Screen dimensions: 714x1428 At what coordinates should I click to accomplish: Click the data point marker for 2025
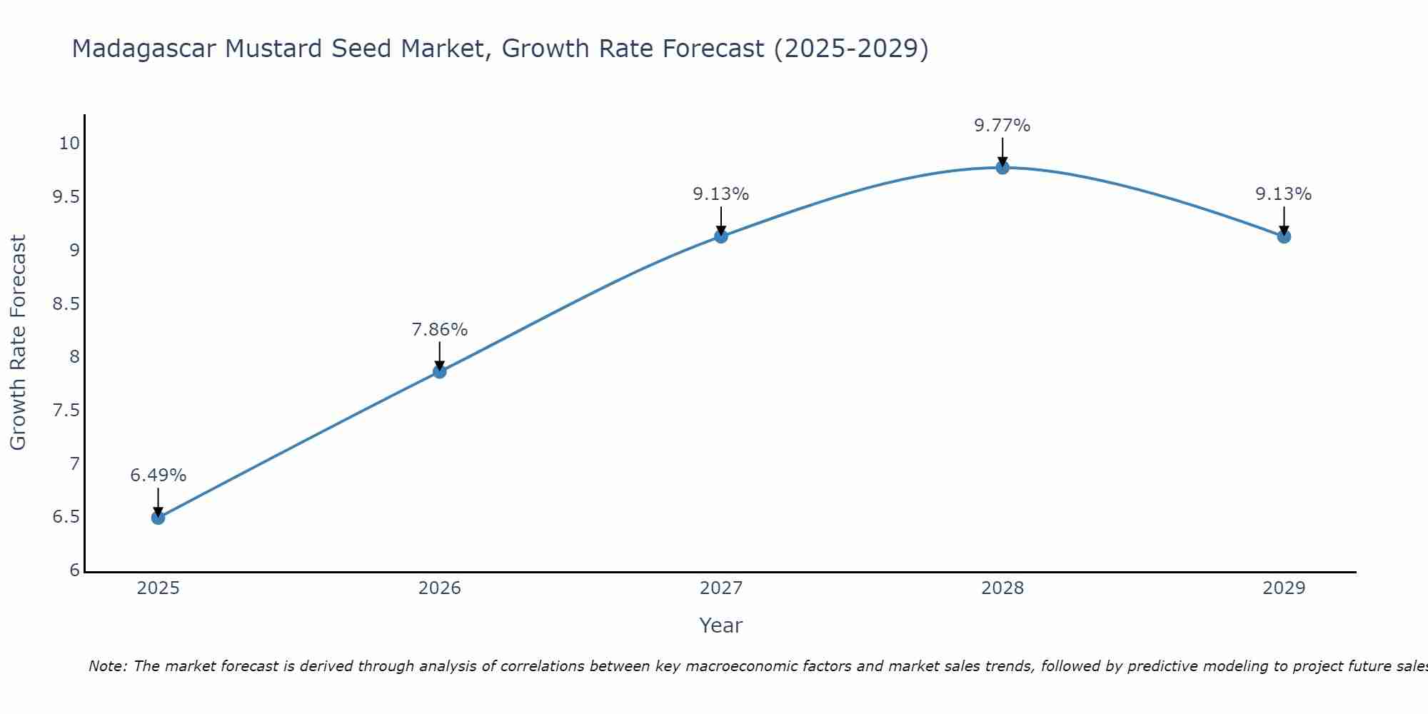pyautogui.click(x=158, y=518)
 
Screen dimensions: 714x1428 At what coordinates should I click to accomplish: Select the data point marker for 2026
pyautogui.click(x=439, y=371)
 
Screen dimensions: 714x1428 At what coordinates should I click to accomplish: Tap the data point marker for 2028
pyautogui.click(x=1002, y=167)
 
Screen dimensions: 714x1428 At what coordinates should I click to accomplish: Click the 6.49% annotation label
pyautogui.click(x=158, y=476)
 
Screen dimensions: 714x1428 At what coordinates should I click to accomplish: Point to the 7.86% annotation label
pyautogui.click(x=439, y=330)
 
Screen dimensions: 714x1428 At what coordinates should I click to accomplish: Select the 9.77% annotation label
pyautogui.click(x=1002, y=126)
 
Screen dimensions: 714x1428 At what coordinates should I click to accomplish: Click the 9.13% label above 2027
pyautogui.click(x=720, y=194)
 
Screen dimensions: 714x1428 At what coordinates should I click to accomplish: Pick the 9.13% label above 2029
pyautogui.click(x=1283, y=194)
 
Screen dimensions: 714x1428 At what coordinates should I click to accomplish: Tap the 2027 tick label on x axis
pyautogui.click(x=720, y=588)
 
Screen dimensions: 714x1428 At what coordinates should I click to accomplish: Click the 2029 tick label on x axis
pyautogui.click(x=1283, y=588)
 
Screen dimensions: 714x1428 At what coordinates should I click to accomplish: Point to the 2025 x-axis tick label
pyautogui.click(x=158, y=588)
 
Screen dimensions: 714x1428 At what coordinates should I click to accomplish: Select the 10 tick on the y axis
pyautogui.click(x=69, y=144)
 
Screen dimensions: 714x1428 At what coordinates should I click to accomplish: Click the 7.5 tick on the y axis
pyautogui.click(x=66, y=411)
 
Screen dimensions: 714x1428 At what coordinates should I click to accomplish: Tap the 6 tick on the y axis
pyautogui.click(x=75, y=570)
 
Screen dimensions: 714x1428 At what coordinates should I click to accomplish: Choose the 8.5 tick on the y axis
pyautogui.click(x=66, y=304)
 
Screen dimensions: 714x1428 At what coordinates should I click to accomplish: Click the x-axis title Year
pyautogui.click(x=720, y=625)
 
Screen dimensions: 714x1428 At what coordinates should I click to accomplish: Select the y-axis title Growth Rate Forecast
pyautogui.click(x=18, y=343)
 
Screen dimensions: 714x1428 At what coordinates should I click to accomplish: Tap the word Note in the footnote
pyautogui.click(x=107, y=666)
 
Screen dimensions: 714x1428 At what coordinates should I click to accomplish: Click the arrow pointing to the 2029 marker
pyautogui.click(x=1283, y=220)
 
